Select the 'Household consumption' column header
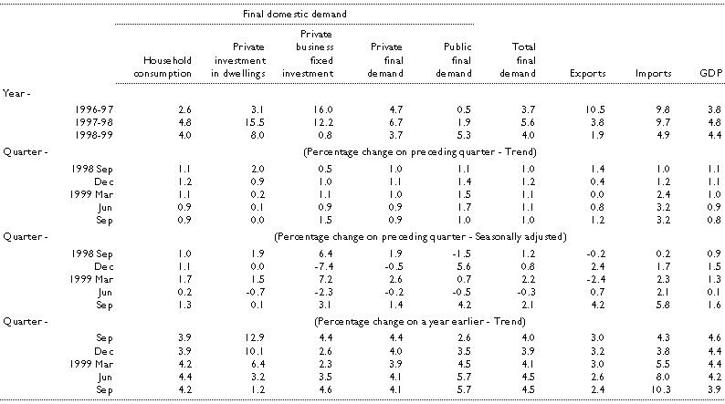[x=162, y=67]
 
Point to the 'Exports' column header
[x=584, y=73]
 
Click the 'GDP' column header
[x=708, y=73]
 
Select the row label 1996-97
[x=79, y=109]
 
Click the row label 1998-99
[x=79, y=134]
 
